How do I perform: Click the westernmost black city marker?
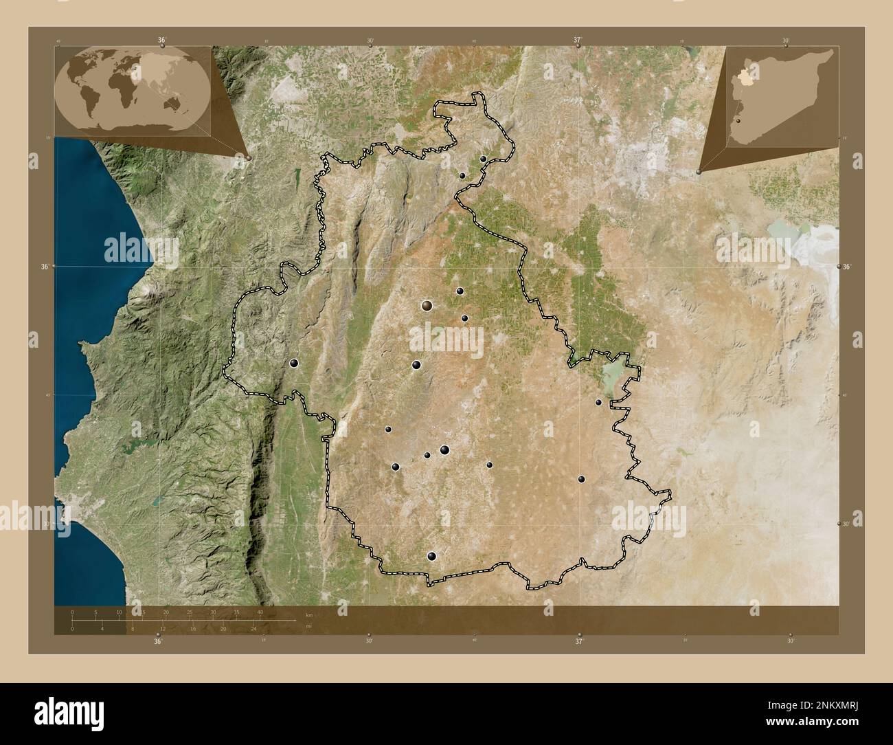coord(295,363)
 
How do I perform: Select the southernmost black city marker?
coord(431,556)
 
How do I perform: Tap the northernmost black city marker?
coord(484,159)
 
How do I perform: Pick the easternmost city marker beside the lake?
coord(598,402)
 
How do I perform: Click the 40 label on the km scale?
coord(260,612)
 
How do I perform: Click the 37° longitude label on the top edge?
coord(578,41)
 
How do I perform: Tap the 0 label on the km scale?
coord(72,612)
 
